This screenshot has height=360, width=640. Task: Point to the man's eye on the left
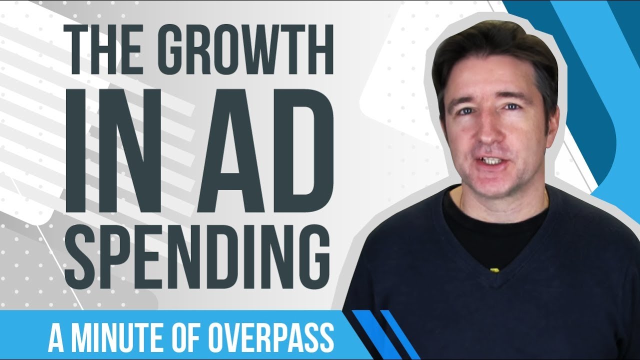(465, 110)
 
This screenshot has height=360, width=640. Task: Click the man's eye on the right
(511, 107)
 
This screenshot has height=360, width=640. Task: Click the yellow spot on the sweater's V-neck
(495, 269)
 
